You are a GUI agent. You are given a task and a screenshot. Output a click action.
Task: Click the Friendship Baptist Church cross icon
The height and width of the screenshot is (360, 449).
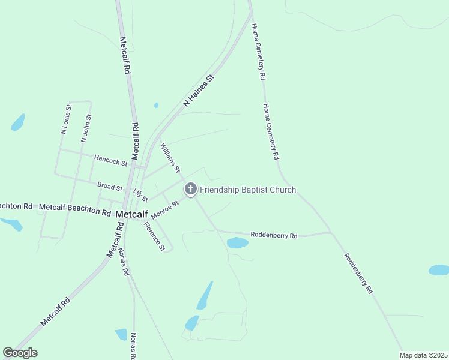coord(191,190)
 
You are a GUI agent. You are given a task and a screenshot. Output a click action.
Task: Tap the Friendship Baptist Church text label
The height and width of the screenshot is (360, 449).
coord(248,190)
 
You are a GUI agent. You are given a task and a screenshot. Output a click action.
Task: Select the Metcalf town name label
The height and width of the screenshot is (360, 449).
coord(131,214)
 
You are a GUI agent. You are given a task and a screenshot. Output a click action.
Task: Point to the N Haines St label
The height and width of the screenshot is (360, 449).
coord(199,91)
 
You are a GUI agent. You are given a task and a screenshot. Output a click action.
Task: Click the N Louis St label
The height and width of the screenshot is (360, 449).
coord(66,119)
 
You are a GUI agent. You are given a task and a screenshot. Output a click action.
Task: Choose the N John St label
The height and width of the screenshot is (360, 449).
coord(85,127)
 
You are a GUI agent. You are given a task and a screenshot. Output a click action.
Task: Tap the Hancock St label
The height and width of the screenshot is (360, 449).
coord(111,160)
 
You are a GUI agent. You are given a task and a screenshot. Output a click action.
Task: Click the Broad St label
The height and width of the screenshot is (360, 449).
coord(110,187)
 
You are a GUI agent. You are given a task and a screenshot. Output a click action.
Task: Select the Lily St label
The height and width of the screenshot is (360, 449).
coord(140,195)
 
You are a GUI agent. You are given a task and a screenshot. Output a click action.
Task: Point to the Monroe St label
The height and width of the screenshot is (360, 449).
coord(165,209)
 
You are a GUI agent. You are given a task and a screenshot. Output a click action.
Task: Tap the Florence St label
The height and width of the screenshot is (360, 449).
coord(154,236)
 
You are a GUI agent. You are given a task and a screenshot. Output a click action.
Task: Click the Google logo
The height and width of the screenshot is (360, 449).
coord(20,352)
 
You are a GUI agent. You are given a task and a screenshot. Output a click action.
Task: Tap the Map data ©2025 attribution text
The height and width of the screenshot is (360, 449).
coord(423,355)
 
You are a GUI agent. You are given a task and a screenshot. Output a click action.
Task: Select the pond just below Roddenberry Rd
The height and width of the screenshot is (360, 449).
coord(238,243)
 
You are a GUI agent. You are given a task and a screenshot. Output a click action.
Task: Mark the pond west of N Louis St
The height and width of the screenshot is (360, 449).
coord(18,122)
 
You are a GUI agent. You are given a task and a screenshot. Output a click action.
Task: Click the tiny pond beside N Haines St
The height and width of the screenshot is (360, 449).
coord(156,106)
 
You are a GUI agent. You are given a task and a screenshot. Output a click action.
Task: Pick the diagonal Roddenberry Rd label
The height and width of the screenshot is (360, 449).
coord(359,272)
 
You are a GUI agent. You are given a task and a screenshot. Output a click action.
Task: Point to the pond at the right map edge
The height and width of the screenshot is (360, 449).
coord(439,270)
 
